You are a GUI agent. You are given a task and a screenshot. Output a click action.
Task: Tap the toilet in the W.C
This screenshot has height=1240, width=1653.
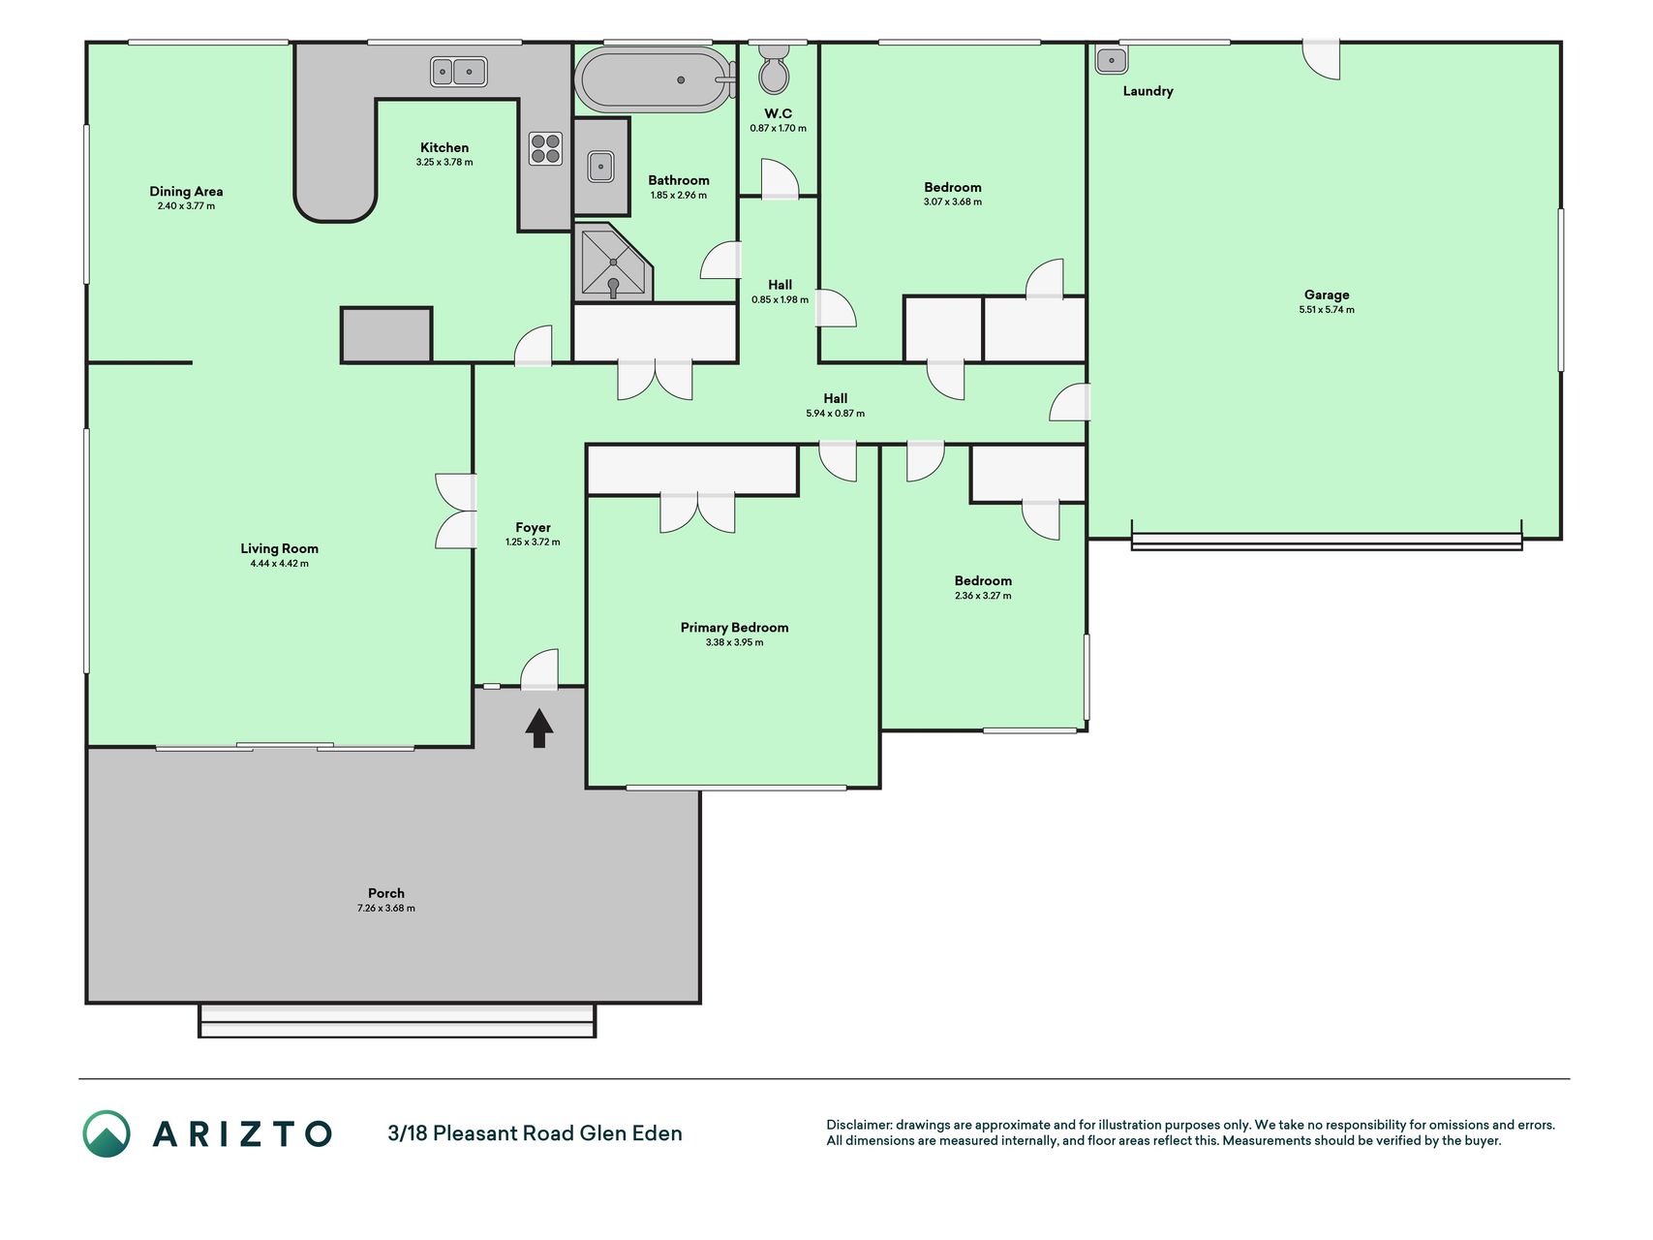774,68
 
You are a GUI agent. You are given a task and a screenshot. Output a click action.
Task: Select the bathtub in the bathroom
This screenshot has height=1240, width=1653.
655,80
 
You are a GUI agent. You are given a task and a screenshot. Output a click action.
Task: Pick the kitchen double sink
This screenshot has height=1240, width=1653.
458,72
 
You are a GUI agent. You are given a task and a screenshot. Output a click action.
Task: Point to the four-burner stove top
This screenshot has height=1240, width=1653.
545,148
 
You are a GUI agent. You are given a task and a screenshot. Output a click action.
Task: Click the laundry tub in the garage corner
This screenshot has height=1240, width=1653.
1112,60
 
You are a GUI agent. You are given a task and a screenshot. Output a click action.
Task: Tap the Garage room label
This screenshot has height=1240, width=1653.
1326,294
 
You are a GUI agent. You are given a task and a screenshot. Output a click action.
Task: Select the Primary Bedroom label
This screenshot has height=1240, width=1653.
734,627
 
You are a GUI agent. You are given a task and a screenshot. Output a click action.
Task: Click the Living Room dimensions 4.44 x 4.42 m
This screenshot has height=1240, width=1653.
279,564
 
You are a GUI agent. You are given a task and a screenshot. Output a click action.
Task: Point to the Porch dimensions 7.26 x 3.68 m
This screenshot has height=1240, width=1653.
385,909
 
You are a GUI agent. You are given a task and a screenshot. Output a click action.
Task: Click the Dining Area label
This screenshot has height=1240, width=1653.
186,191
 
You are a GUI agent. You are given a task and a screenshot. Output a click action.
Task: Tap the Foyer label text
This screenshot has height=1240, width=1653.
533,528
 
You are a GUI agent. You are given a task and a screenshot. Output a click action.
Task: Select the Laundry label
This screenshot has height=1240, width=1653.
1148,91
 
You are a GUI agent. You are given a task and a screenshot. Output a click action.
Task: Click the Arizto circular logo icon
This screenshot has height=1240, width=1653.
107,1133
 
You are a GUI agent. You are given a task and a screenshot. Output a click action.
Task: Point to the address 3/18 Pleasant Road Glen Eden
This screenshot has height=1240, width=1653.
535,1133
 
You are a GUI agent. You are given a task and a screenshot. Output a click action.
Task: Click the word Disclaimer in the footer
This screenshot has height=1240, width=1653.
858,1125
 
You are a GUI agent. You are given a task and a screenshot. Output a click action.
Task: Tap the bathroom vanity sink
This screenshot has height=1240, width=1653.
600,166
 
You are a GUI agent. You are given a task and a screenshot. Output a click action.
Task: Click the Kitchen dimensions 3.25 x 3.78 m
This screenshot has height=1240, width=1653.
444,163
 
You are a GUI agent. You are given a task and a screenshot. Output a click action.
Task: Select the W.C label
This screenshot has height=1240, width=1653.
778,113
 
